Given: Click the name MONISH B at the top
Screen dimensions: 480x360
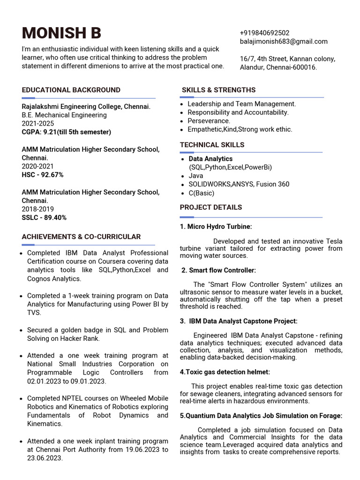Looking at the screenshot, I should (61, 33).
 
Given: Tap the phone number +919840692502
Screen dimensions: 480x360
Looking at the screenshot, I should (264, 33).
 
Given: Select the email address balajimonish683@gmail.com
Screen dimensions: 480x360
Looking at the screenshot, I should (284, 41).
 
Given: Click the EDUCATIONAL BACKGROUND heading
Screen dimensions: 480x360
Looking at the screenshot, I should (71, 90).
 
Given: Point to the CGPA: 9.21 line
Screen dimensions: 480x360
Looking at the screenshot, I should (66, 132).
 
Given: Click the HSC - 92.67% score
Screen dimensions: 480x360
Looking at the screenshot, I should (43, 175).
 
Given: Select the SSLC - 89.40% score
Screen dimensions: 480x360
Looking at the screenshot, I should (44, 217).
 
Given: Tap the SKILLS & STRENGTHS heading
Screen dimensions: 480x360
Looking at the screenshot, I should (218, 90).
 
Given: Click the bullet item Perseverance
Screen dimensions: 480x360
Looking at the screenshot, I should (209, 121).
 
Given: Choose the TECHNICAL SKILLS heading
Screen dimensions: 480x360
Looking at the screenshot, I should (212, 145).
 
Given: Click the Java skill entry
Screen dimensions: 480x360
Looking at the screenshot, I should (196, 176).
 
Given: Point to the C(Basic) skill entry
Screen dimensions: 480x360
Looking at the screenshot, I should (201, 193).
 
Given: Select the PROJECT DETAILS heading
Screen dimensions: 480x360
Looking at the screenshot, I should (211, 207).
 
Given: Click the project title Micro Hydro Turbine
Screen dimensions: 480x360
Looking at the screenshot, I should (216, 226).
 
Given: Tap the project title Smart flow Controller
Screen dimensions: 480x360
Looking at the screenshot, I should (219, 270).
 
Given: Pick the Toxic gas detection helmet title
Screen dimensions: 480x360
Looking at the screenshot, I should (225, 372).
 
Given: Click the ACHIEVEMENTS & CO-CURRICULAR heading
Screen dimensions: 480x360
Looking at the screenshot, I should (81, 237).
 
